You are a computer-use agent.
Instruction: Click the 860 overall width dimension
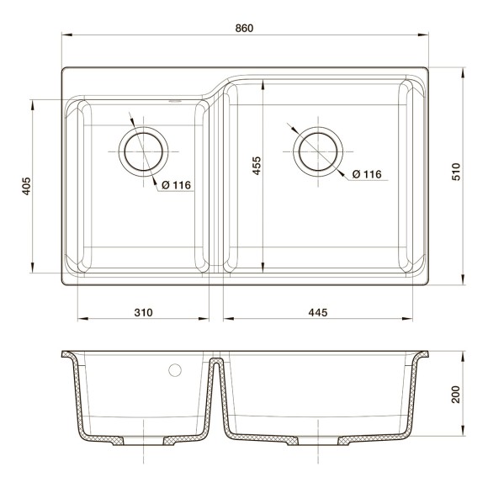coord(244,28)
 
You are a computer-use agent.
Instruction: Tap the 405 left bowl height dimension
coord(26,186)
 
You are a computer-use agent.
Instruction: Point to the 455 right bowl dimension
coord(256,167)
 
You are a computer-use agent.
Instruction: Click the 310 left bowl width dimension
coord(143,313)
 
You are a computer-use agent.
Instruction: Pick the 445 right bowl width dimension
coord(317,313)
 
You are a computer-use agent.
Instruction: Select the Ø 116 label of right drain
coord(366,174)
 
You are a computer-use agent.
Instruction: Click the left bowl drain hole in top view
coord(144,151)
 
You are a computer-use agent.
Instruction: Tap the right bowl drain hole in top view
coord(319,151)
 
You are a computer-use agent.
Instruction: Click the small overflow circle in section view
coord(176,369)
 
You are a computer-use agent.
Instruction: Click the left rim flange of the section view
coord(67,354)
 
